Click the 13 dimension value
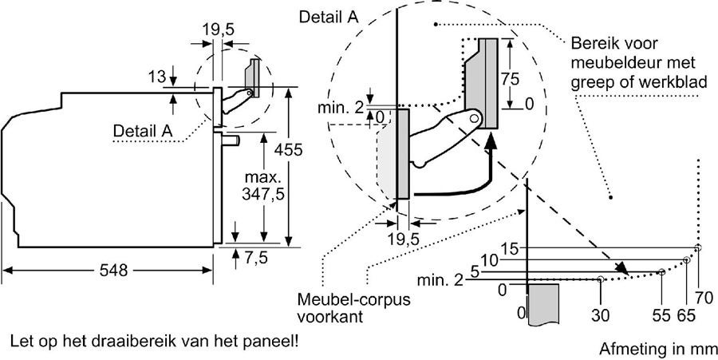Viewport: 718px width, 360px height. coord(156,77)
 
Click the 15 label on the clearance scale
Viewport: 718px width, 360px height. coord(511,248)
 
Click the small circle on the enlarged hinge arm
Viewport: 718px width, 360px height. coord(475,118)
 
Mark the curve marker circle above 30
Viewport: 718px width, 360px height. coord(600,279)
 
